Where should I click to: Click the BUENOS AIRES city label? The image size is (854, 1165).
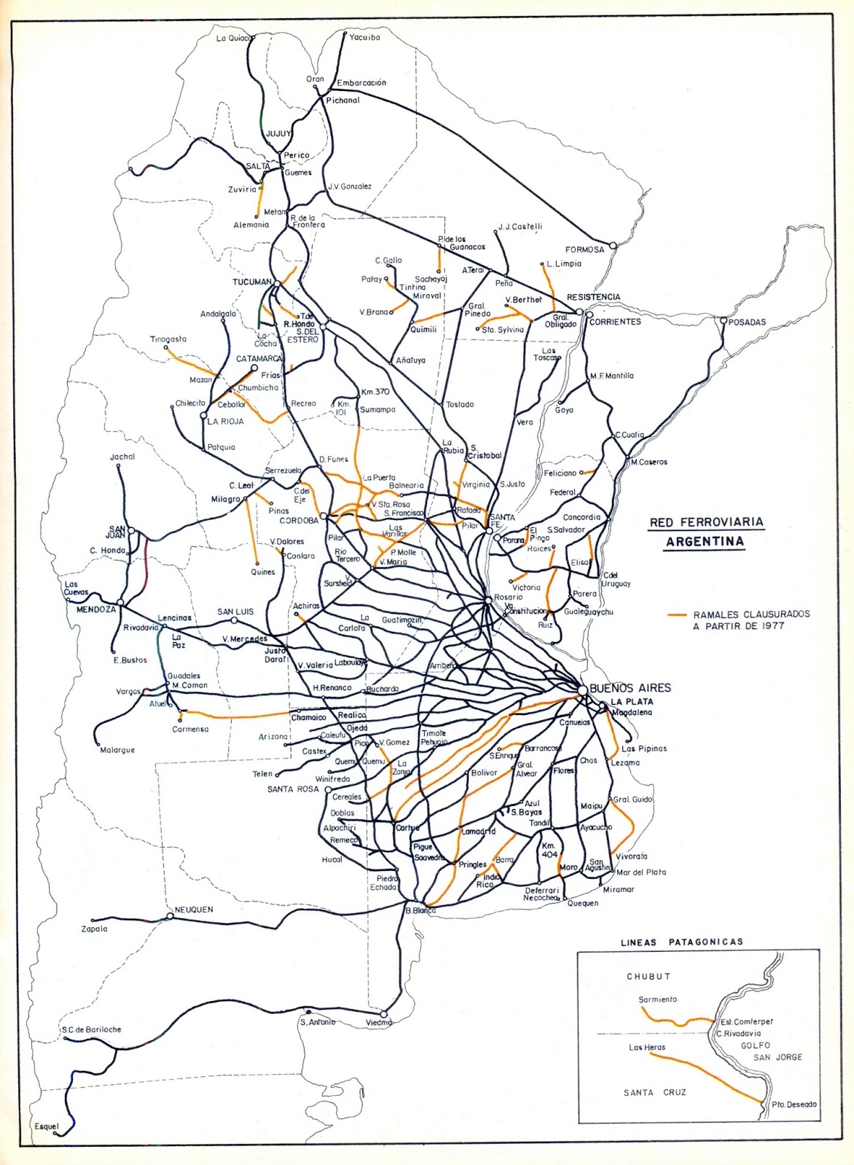630,687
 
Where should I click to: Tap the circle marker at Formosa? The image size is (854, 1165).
613,245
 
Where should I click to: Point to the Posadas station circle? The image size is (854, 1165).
723,320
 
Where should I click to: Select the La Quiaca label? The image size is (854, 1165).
233,38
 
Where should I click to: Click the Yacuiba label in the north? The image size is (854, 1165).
364,37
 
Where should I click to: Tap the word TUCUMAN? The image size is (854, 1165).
251,282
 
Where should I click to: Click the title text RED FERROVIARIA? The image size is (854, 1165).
706,522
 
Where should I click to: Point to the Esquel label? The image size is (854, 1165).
46,1126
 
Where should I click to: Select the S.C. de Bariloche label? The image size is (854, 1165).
91,1030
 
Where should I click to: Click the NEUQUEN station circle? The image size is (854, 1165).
169,916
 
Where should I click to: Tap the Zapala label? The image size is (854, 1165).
94,928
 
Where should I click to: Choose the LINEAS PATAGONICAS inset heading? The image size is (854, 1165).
681,941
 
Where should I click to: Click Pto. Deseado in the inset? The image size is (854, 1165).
794,1105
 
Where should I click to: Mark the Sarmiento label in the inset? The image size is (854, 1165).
657,999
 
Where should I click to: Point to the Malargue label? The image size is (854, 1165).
117,750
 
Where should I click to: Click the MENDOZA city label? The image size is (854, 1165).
96,610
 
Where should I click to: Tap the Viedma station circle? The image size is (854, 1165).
384,1014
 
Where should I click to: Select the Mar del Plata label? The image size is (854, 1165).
640,872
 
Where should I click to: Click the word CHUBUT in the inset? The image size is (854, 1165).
648,976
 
